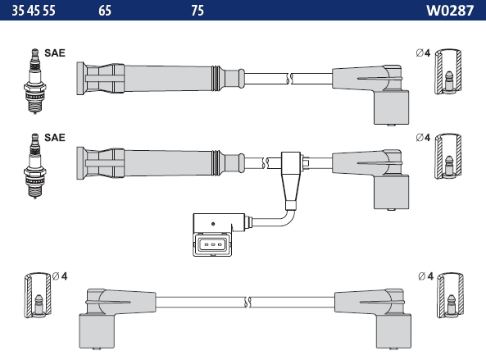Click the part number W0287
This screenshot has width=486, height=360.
tap(450, 11)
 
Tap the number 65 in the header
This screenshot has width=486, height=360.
tap(105, 11)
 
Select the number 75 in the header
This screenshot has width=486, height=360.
tap(198, 11)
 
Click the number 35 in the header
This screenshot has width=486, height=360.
tap(18, 11)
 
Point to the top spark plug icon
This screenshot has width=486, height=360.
tap(35, 81)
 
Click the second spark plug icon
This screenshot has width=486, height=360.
tap(35, 166)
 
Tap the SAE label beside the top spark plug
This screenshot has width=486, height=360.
tap(55, 53)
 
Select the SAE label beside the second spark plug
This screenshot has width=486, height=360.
tap(55, 138)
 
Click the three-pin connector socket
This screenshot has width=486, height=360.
tap(212, 244)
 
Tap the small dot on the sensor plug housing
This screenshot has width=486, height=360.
tap(213, 224)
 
